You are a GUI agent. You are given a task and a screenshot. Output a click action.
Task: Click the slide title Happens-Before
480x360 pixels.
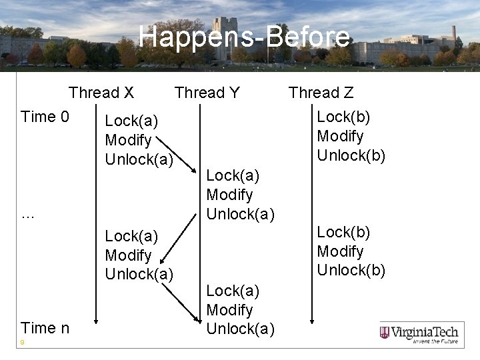pos(244,37)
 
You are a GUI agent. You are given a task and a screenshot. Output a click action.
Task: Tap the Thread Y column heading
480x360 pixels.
pos(207,93)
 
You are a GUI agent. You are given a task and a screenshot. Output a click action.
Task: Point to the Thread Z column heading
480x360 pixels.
pos(321,93)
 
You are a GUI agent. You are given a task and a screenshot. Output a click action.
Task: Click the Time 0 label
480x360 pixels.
pos(45,117)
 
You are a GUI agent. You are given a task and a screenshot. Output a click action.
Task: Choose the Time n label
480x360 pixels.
pos(45,328)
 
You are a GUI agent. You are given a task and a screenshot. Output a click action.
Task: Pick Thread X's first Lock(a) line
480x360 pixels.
pos(131,121)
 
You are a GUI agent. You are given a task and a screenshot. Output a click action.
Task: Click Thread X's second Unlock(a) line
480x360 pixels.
pos(139,274)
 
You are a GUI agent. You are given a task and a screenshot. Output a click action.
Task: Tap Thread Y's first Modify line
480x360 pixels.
pos(229,195)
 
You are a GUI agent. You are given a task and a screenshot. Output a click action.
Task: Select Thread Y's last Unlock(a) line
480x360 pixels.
pos(240,329)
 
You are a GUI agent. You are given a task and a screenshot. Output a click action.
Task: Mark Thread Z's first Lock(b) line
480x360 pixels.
pos(343,117)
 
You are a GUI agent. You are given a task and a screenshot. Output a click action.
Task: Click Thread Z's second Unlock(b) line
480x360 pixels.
pos(351,270)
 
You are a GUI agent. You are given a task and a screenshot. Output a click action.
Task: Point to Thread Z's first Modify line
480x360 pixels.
pos(340,136)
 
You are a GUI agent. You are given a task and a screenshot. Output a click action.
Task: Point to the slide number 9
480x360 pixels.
pos(23,343)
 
